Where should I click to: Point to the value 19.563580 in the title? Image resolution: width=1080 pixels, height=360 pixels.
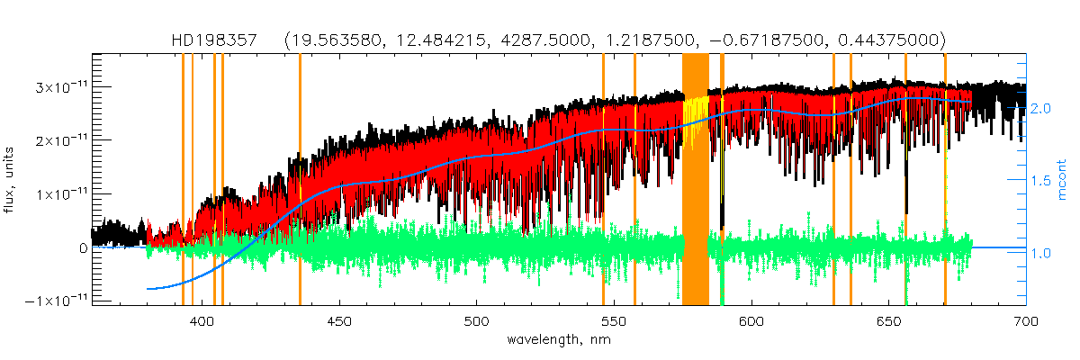(332, 41)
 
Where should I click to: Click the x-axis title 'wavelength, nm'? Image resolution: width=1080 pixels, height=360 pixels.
(558, 340)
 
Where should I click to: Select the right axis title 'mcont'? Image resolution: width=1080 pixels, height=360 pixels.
(1062, 180)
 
